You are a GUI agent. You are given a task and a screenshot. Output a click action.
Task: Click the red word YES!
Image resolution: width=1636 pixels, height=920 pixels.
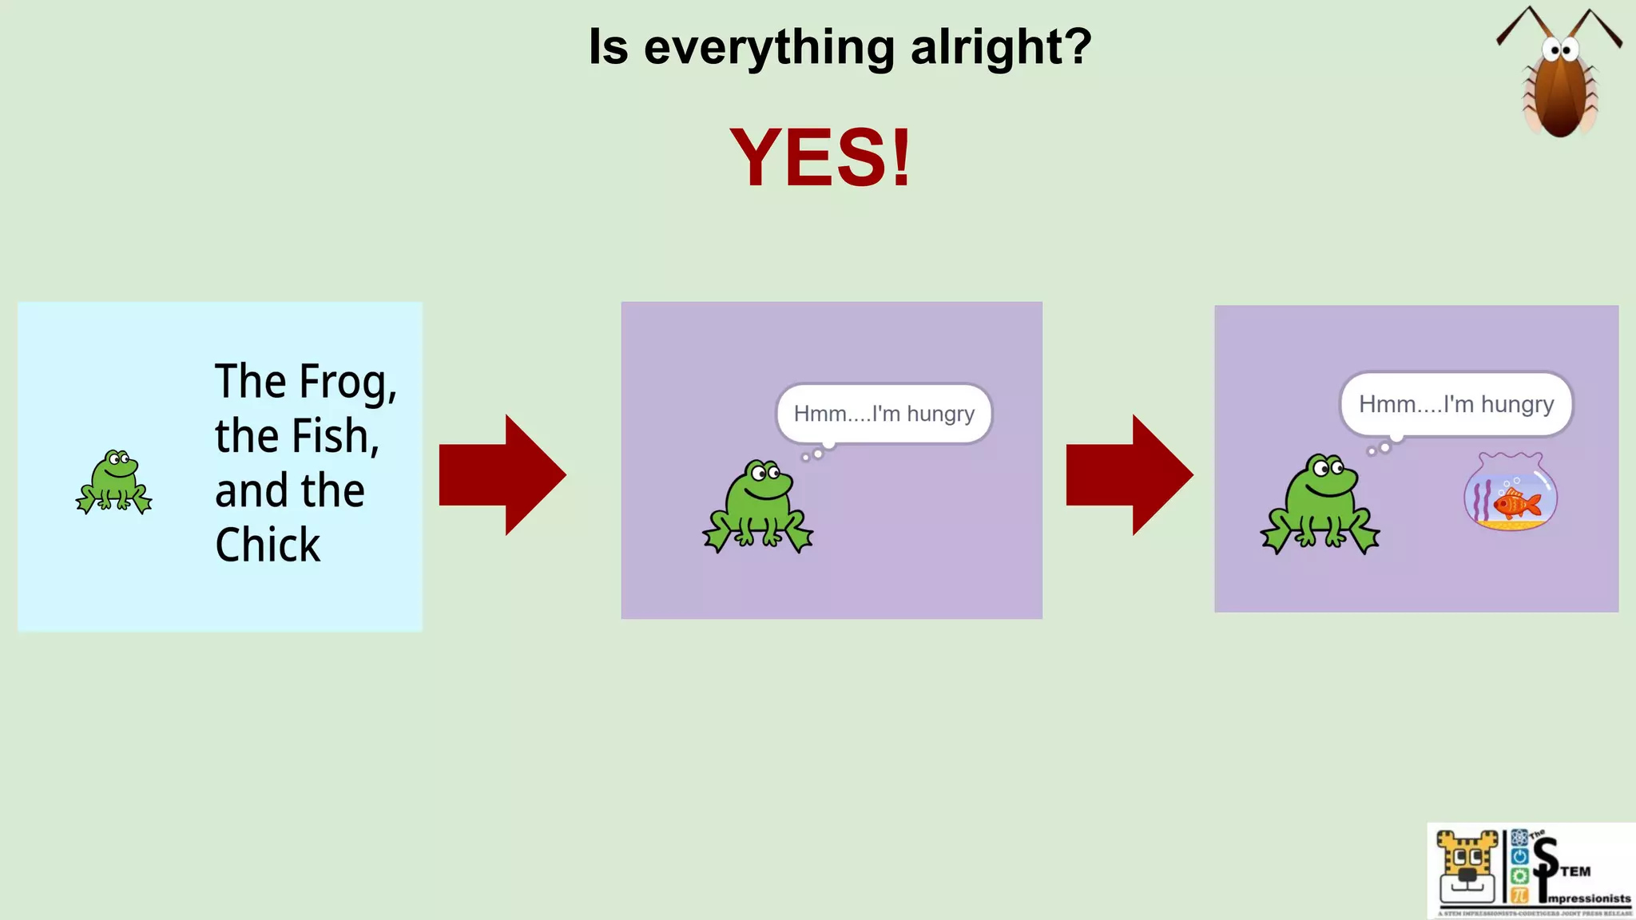coord(820,158)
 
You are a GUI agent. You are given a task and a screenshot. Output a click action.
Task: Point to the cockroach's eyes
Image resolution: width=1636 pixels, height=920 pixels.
coord(1559,51)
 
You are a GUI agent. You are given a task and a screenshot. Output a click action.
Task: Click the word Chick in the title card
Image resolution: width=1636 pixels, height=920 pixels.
coord(268,545)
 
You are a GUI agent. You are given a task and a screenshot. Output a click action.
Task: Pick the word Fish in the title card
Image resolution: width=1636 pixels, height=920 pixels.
coord(334,436)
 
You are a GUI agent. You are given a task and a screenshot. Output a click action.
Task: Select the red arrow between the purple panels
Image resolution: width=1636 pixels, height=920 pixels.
coord(1130,474)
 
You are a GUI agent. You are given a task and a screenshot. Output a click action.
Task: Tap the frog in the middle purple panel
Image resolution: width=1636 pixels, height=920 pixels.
coord(758,506)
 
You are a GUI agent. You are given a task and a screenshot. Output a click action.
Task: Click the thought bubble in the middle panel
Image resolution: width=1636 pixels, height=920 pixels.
coord(884,414)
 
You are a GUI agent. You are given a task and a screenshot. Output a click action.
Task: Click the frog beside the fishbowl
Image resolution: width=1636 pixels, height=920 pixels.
coord(1320,503)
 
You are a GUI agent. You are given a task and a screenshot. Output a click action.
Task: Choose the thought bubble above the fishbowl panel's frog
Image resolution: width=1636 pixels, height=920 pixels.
coord(1455,404)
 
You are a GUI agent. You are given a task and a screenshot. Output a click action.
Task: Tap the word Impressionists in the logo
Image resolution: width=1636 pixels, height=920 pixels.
coord(1588,898)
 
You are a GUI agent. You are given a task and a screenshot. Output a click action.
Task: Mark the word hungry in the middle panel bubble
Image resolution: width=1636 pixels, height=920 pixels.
coord(940,414)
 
